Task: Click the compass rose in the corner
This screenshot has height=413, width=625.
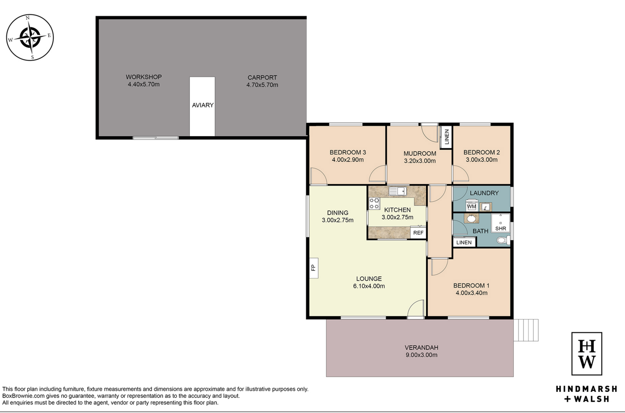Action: tap(30, 38)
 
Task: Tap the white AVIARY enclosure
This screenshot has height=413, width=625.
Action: tap(202, 106)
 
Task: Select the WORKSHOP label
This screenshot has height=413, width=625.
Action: tap(144, 77)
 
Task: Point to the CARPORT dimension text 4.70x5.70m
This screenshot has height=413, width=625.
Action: tap(262, 85)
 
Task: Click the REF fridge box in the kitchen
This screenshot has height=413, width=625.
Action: tap(418, 233)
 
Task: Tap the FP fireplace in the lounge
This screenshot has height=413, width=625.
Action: tap(314, 268)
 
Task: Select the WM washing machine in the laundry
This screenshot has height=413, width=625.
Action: tap(471, 205)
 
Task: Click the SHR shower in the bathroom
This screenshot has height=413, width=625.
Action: tap(501, 223)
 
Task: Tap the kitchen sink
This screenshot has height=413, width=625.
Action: tap(398, 191)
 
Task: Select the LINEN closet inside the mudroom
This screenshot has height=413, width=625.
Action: tap(446, 137)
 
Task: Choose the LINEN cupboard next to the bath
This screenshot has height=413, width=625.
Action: tap(464, 242)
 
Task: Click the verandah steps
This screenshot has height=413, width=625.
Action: tap(526, 330)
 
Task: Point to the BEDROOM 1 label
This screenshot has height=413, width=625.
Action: tap(471, 285)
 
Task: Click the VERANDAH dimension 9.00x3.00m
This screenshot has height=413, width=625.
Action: tap(421, 355)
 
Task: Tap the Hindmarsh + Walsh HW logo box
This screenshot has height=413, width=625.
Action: tap(587, 353)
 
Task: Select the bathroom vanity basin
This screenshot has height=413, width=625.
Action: tap(471, 218)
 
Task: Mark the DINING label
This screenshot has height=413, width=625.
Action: tap(338, 213)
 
